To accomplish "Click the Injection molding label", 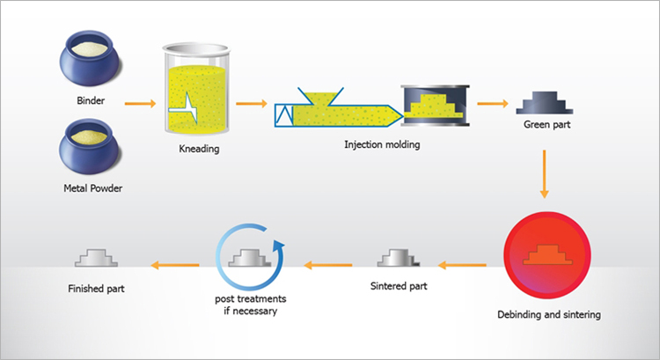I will [x=382, y=144].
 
